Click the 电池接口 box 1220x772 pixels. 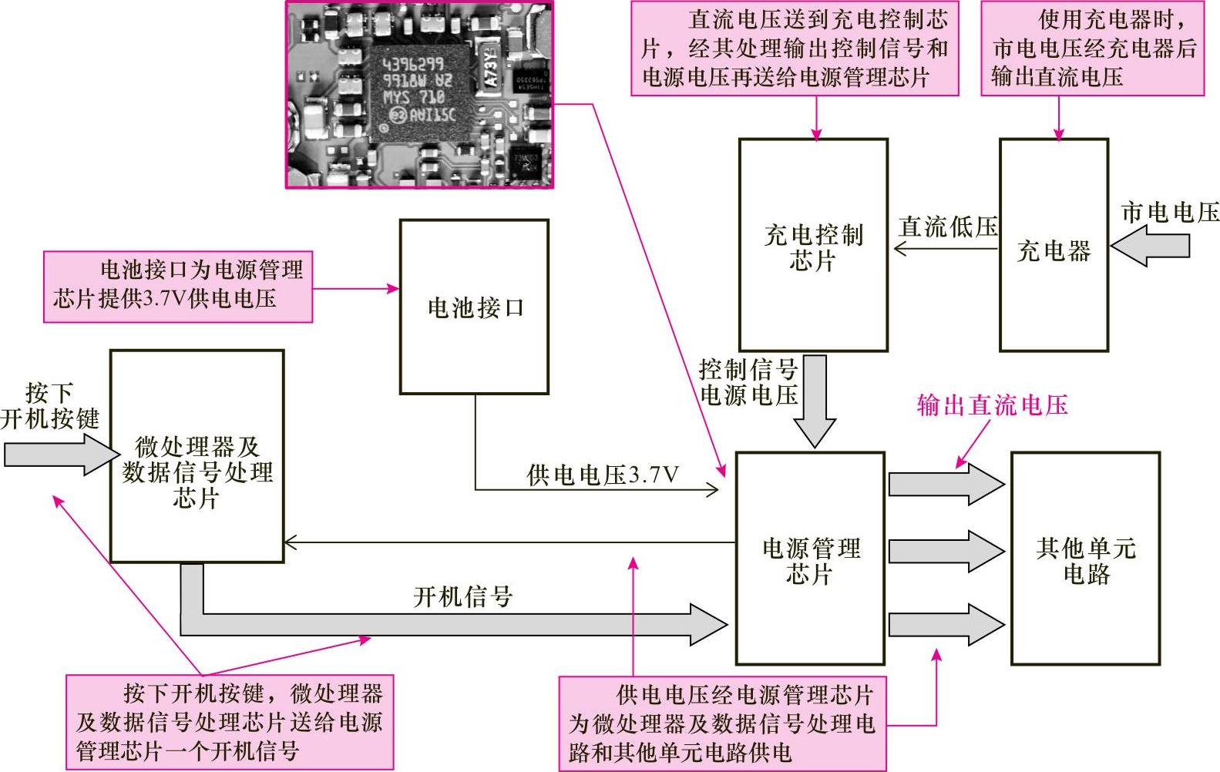[474, 307]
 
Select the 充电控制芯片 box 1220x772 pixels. [813, 245]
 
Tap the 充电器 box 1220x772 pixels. [1054, 245]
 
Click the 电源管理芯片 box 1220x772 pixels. [810, 559]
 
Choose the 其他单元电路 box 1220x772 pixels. [1085, 559]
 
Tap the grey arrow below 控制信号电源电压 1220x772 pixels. [815, 401]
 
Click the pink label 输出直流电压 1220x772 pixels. [992, 404]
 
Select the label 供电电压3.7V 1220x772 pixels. [603, 475]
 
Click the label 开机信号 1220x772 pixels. [462, 596]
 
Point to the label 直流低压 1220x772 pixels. [948, 227]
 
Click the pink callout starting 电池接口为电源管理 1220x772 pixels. [178, 286]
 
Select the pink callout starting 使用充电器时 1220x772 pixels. [1092, 49]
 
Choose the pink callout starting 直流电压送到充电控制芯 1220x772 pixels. [795, 49]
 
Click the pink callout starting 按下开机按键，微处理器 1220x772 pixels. [230, 722]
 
